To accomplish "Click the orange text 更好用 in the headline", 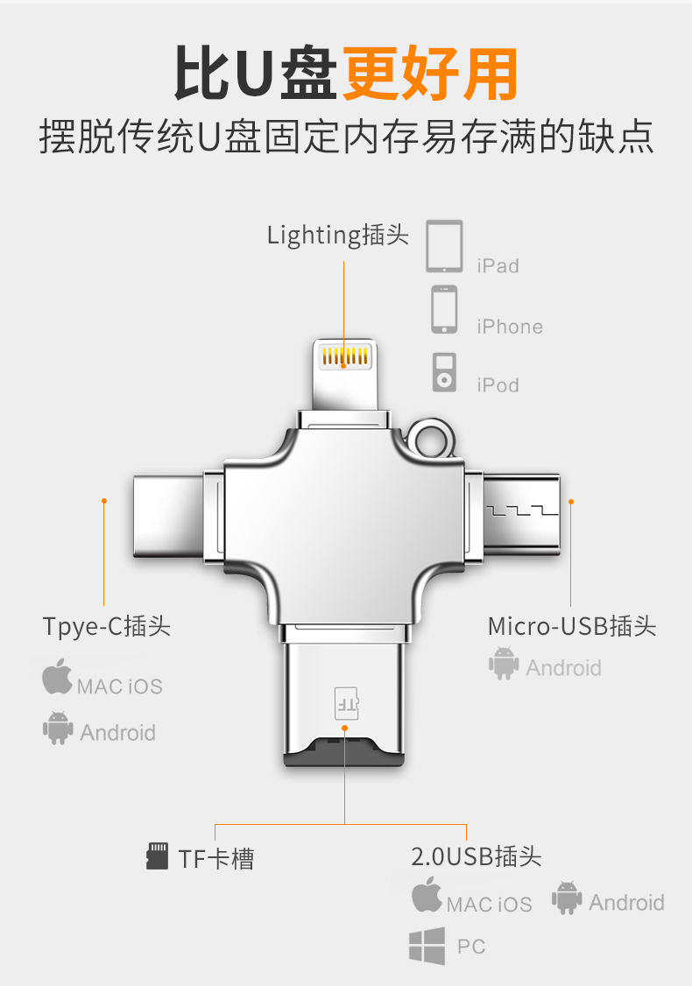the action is [429, 74].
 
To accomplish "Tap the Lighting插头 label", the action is [338, 235].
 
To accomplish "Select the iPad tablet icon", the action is [444, 246].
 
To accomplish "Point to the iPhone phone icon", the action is [444, 309].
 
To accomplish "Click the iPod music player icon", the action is [444, 372].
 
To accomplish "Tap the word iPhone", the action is [510, 327].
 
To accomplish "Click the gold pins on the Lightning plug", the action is [344, 356].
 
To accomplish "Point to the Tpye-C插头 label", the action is [106, 627].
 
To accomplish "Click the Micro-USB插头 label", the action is [571, 627].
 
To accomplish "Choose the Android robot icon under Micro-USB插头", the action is [504, 664].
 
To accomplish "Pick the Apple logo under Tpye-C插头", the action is [57, 679].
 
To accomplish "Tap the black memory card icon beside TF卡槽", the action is [157, 856].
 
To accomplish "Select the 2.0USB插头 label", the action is [477, 856].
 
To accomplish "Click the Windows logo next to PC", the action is [427, 947].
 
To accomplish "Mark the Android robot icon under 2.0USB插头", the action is [567, 898].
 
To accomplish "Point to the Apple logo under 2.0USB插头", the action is [427, 896].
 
